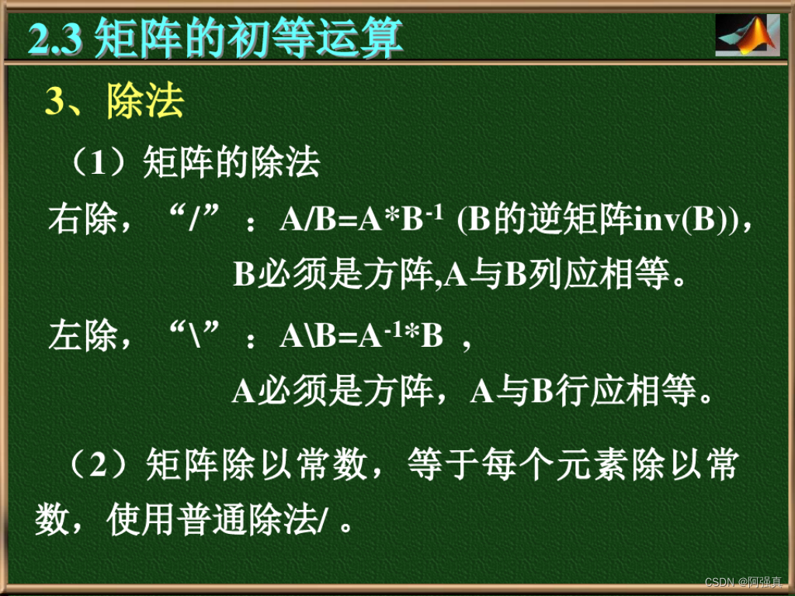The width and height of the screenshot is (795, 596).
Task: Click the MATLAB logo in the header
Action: pyautogui.click(x=746, y=35)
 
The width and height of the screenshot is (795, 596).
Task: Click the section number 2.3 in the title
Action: pyautogui.click(x=56, y=37)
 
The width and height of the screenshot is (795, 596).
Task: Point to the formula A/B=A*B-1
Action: pyautogui.click(x=361, y=220)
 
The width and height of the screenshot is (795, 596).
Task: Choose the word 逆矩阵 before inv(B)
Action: pyautogui.click(x=575, y=220)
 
